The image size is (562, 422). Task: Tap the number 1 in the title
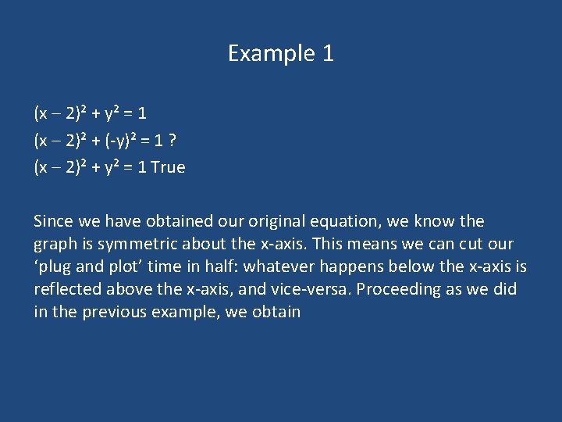point(327,53)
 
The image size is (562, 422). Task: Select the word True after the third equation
point(168,167)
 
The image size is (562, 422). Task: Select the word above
point(132,290)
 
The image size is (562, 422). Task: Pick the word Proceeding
point(395,290)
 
